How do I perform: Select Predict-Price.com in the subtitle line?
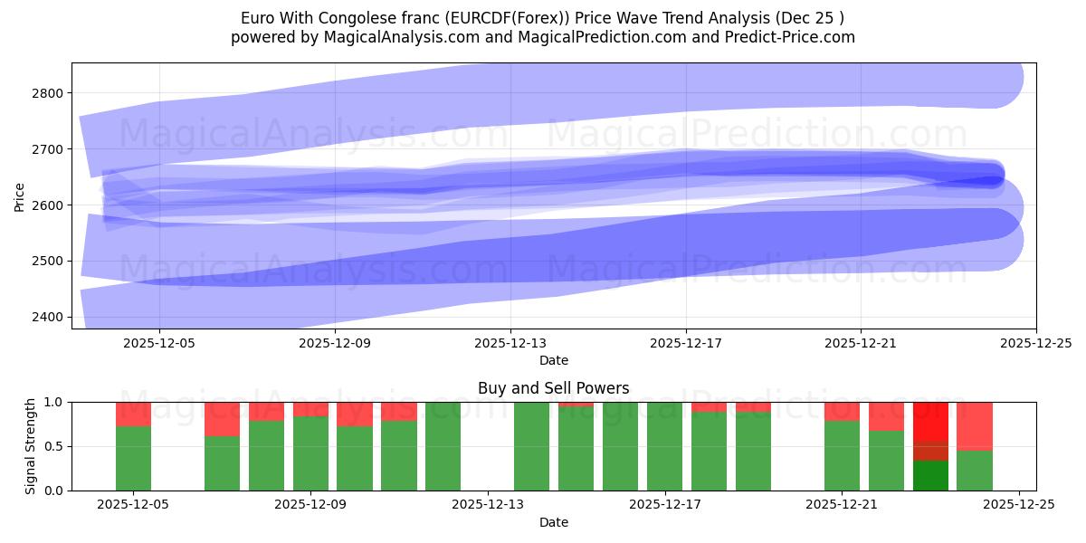pos(786,37)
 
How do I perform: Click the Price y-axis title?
pos(20,196)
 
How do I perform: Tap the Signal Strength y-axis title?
pos(31,446)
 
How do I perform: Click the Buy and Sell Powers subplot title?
pos(553,388)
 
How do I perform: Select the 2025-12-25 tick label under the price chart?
pos(1036,343)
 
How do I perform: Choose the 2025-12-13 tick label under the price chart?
pos(510,343)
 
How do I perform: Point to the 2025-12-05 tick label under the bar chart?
pos(134,505)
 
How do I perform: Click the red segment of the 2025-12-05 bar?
pos(134,414)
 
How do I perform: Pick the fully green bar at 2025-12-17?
pos(664,446)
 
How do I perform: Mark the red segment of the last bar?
pos(975,425)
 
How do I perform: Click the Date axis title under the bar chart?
pos(553,522)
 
